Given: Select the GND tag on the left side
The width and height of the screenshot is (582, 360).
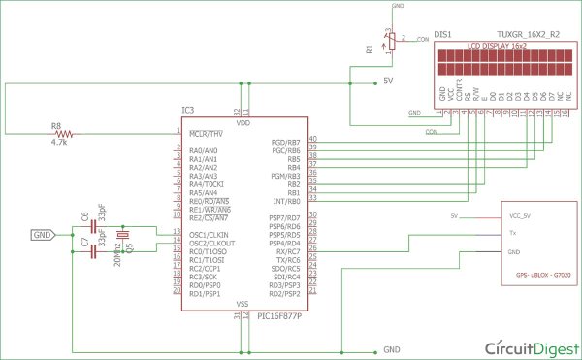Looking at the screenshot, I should click(44, 234).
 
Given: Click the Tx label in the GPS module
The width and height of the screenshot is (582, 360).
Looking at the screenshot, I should click(513, 234).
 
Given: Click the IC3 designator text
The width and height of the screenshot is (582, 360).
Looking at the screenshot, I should click(191, 112).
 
